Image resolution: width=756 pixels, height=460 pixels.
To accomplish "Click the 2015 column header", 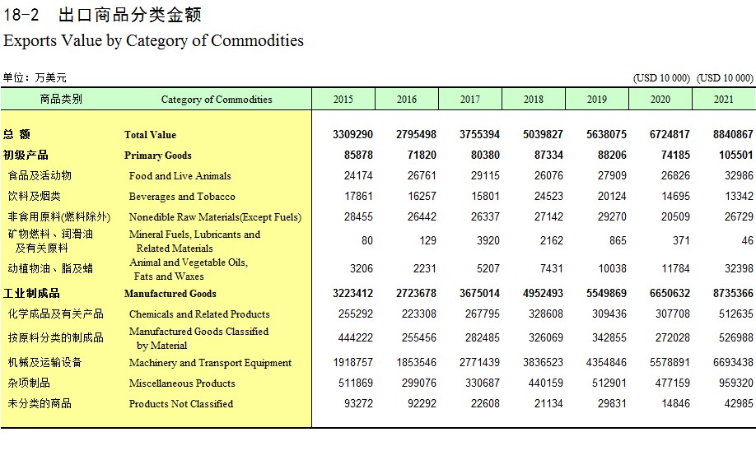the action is coord(343,100).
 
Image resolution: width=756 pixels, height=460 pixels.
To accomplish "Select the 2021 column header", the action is coord(723,100).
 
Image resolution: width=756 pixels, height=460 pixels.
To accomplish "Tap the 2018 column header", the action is coord(534,100).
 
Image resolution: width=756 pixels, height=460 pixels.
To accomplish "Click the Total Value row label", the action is coord(150,135).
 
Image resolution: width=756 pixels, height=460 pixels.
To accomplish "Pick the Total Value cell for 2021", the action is coord(733,134).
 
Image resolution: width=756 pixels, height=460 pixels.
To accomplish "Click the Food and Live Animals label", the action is coord(180,176).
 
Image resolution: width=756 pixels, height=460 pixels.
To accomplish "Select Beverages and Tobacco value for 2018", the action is coord(548,197).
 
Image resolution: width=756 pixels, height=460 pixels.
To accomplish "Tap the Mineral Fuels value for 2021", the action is coord(747,240).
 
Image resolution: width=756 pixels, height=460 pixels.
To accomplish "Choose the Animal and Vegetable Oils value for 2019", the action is coord(612,269).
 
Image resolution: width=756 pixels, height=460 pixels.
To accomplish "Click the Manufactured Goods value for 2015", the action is coord(352,293).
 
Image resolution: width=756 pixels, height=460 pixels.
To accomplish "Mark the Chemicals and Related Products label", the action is coord(199,314).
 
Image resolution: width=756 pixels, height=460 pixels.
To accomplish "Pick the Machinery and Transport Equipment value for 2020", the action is coord(670,362).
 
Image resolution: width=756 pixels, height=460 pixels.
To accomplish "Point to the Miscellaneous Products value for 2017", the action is coord(482,383).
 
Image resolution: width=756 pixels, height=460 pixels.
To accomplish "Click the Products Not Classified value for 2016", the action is coord(422,404).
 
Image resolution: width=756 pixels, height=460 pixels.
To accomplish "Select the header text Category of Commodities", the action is coord(217,100).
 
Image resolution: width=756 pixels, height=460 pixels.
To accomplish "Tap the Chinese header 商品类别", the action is coord(61,100).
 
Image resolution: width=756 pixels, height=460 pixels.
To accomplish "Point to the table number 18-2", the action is coord(21,15).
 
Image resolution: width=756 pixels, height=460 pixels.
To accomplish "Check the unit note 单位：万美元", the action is coord(35,77).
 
